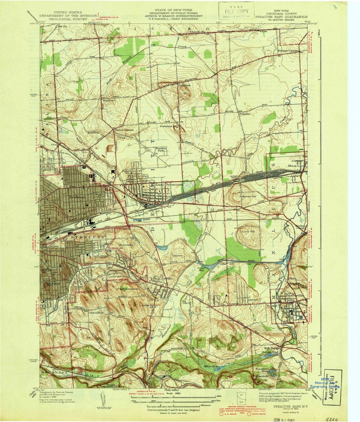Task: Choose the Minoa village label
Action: pos(292,162)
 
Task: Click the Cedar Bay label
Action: pos(201,268)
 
